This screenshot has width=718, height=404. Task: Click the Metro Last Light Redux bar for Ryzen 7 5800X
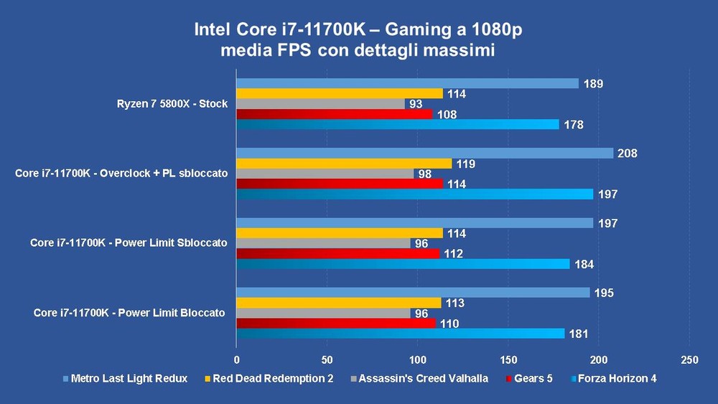click(407, 83)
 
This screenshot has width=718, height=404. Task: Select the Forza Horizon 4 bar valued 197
click(414, 194)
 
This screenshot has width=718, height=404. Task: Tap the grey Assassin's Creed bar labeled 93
click(320, 104)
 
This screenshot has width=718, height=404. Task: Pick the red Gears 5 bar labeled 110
click(336, 324)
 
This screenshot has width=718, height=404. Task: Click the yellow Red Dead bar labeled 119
click(344, 164)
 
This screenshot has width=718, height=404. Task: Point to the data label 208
click(628, 154)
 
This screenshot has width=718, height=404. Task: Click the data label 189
click(592, 84)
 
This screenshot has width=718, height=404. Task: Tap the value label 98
click(427, 174)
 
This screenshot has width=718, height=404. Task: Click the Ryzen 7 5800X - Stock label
click(172, 104)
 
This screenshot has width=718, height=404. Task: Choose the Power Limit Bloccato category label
click(129, 313)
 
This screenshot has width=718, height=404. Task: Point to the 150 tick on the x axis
click(508, 359)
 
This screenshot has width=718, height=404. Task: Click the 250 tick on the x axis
click(689, 359)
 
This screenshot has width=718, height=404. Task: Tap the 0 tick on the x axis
click(237, 359)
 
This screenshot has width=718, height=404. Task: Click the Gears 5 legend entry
click(533, 379)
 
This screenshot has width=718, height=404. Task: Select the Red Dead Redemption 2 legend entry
click(269, 379)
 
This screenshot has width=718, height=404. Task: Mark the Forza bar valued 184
click(403, 264)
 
